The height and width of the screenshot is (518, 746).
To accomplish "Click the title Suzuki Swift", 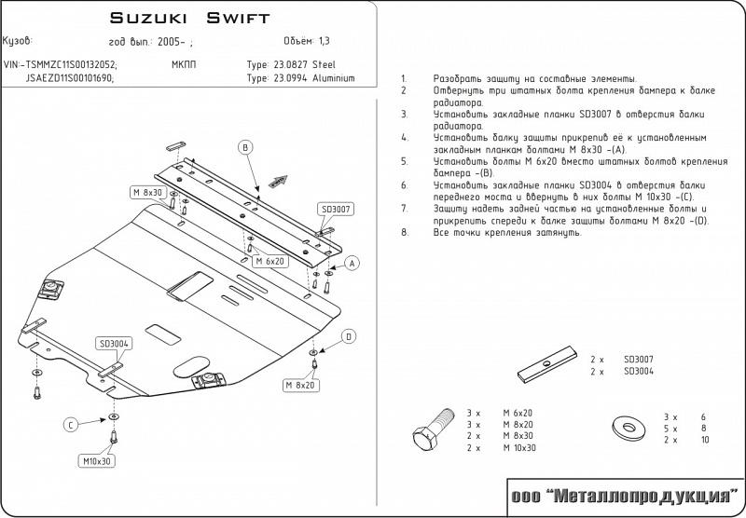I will click(x=190, y=18).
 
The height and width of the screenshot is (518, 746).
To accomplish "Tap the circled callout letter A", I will click(x=352, y=264).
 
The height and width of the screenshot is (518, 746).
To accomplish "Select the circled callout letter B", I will click(x=245, y=147).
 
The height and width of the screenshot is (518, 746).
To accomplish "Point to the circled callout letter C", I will click(x=69, y=425).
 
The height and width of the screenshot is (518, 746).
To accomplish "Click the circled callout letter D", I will click(x=348, y=336).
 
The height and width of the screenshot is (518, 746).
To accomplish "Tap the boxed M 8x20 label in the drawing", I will click(x=300, y=384).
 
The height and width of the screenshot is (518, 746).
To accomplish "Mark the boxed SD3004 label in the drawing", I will click(x=113, y=343).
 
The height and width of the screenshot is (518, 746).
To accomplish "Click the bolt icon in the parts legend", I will click(x=424, y=433).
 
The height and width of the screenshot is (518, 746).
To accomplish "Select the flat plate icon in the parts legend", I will click(x=546, y=366).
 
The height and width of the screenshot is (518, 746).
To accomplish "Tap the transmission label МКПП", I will click(x=184, y=65).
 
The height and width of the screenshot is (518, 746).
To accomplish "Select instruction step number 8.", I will click(x=403, y=232).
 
